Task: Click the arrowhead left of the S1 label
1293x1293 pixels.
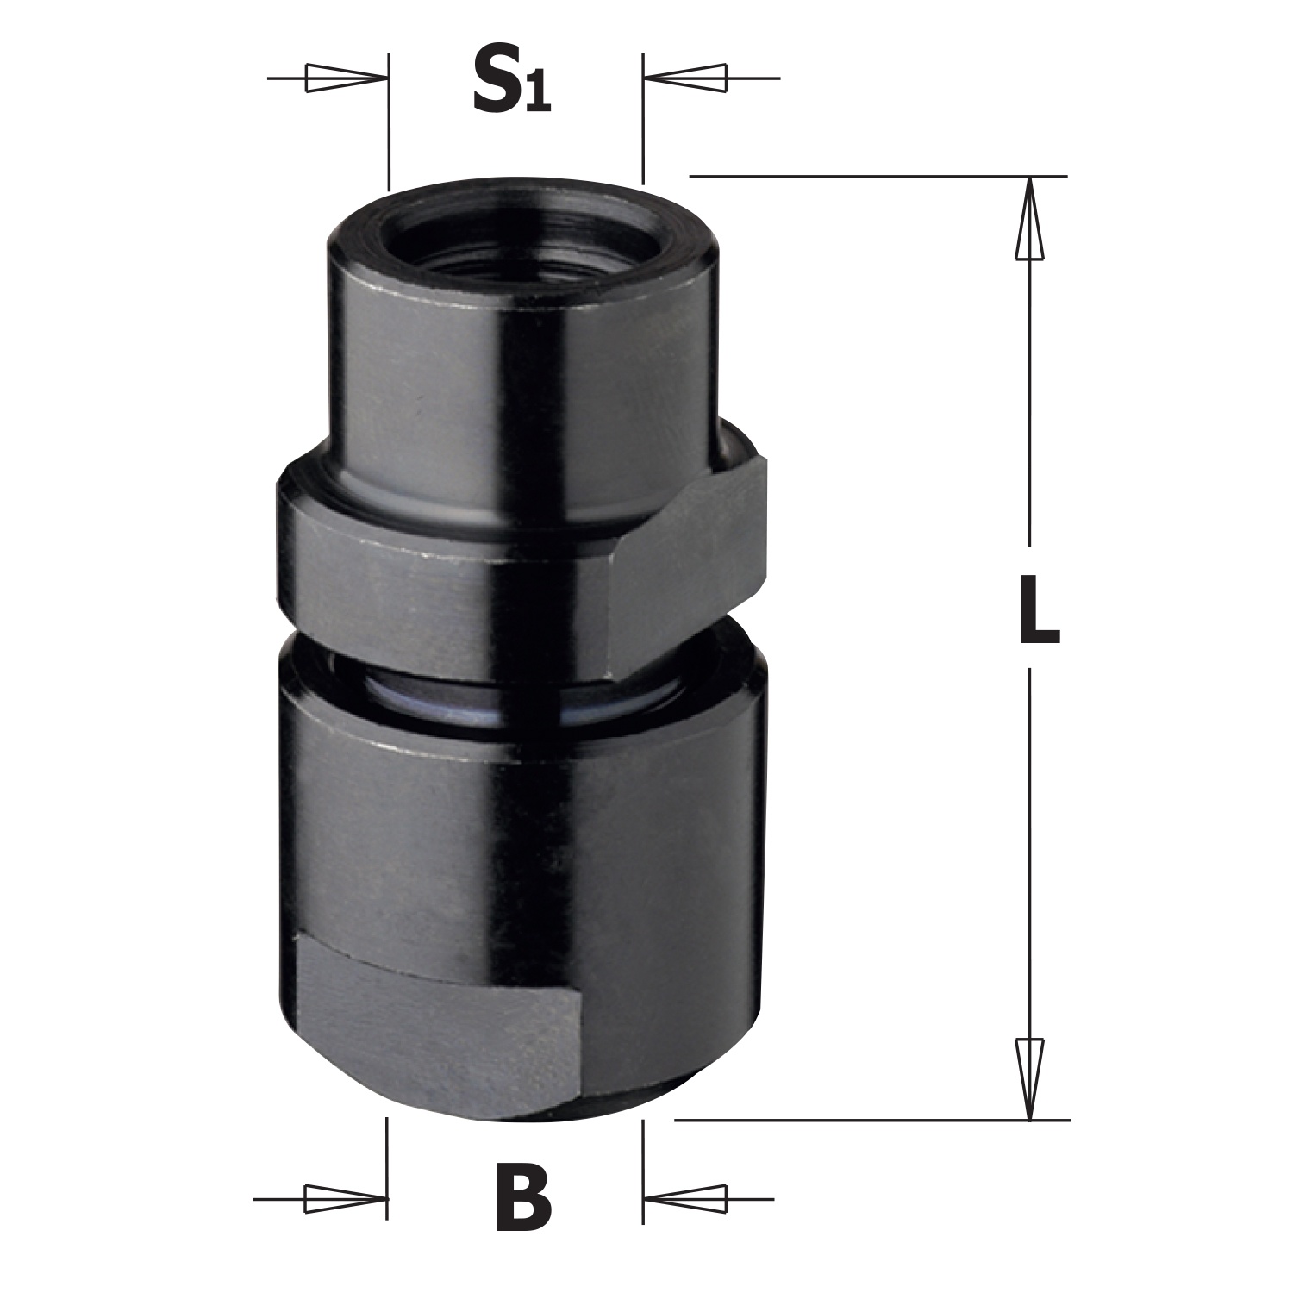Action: [x=344, y=78]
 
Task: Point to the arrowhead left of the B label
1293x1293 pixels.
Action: [x=344, y=1198]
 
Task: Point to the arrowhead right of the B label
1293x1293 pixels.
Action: [x=684, y=1198]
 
